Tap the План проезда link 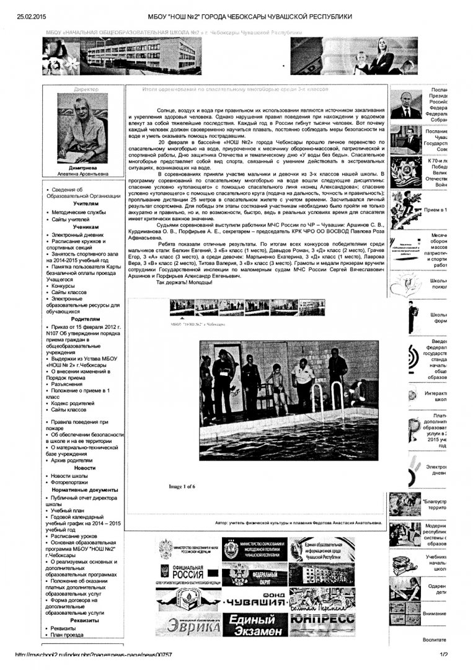click(67, 635)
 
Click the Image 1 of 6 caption click(182, 486)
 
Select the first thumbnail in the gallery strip click(182, 307)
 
